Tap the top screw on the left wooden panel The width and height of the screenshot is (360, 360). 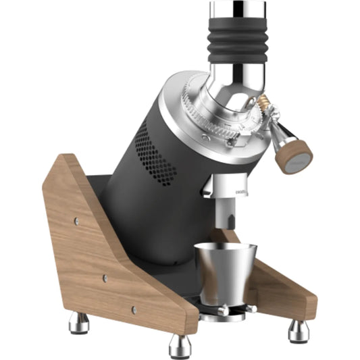pos(76,220)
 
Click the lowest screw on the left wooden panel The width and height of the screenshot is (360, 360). pos(134,309)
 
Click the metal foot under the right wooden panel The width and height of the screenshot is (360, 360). pos(298,330)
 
